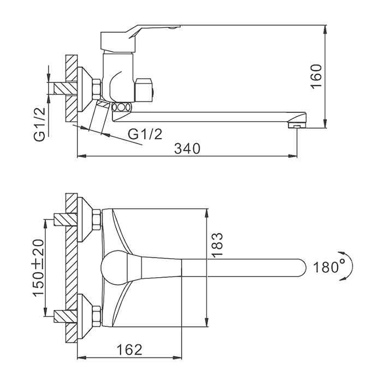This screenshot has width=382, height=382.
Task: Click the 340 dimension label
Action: pos(187,148)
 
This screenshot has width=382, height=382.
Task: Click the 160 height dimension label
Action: pos(317,76)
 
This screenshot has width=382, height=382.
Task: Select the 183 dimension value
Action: pos(217,245)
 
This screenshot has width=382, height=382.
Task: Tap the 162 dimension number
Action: pos(129,350)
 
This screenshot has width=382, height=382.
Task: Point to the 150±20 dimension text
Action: pos(39,268)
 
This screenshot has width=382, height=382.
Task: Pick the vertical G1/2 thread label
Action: pos(39,124)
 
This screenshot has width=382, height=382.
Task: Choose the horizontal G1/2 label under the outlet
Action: pos(145,134)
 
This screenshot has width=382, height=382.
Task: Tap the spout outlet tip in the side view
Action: pos(296,126)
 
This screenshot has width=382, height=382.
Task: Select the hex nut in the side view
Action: pos(97,89)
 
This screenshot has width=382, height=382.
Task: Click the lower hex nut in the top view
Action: pos(97,315)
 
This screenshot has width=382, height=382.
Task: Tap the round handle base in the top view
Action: pos(115,267)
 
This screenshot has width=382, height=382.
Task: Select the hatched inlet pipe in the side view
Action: pos(65,88)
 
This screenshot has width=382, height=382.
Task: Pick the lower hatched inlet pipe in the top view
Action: pos(65,316)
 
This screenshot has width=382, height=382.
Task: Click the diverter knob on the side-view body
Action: pos(144,89)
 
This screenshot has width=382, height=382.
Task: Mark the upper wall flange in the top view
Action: pos(85,219)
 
